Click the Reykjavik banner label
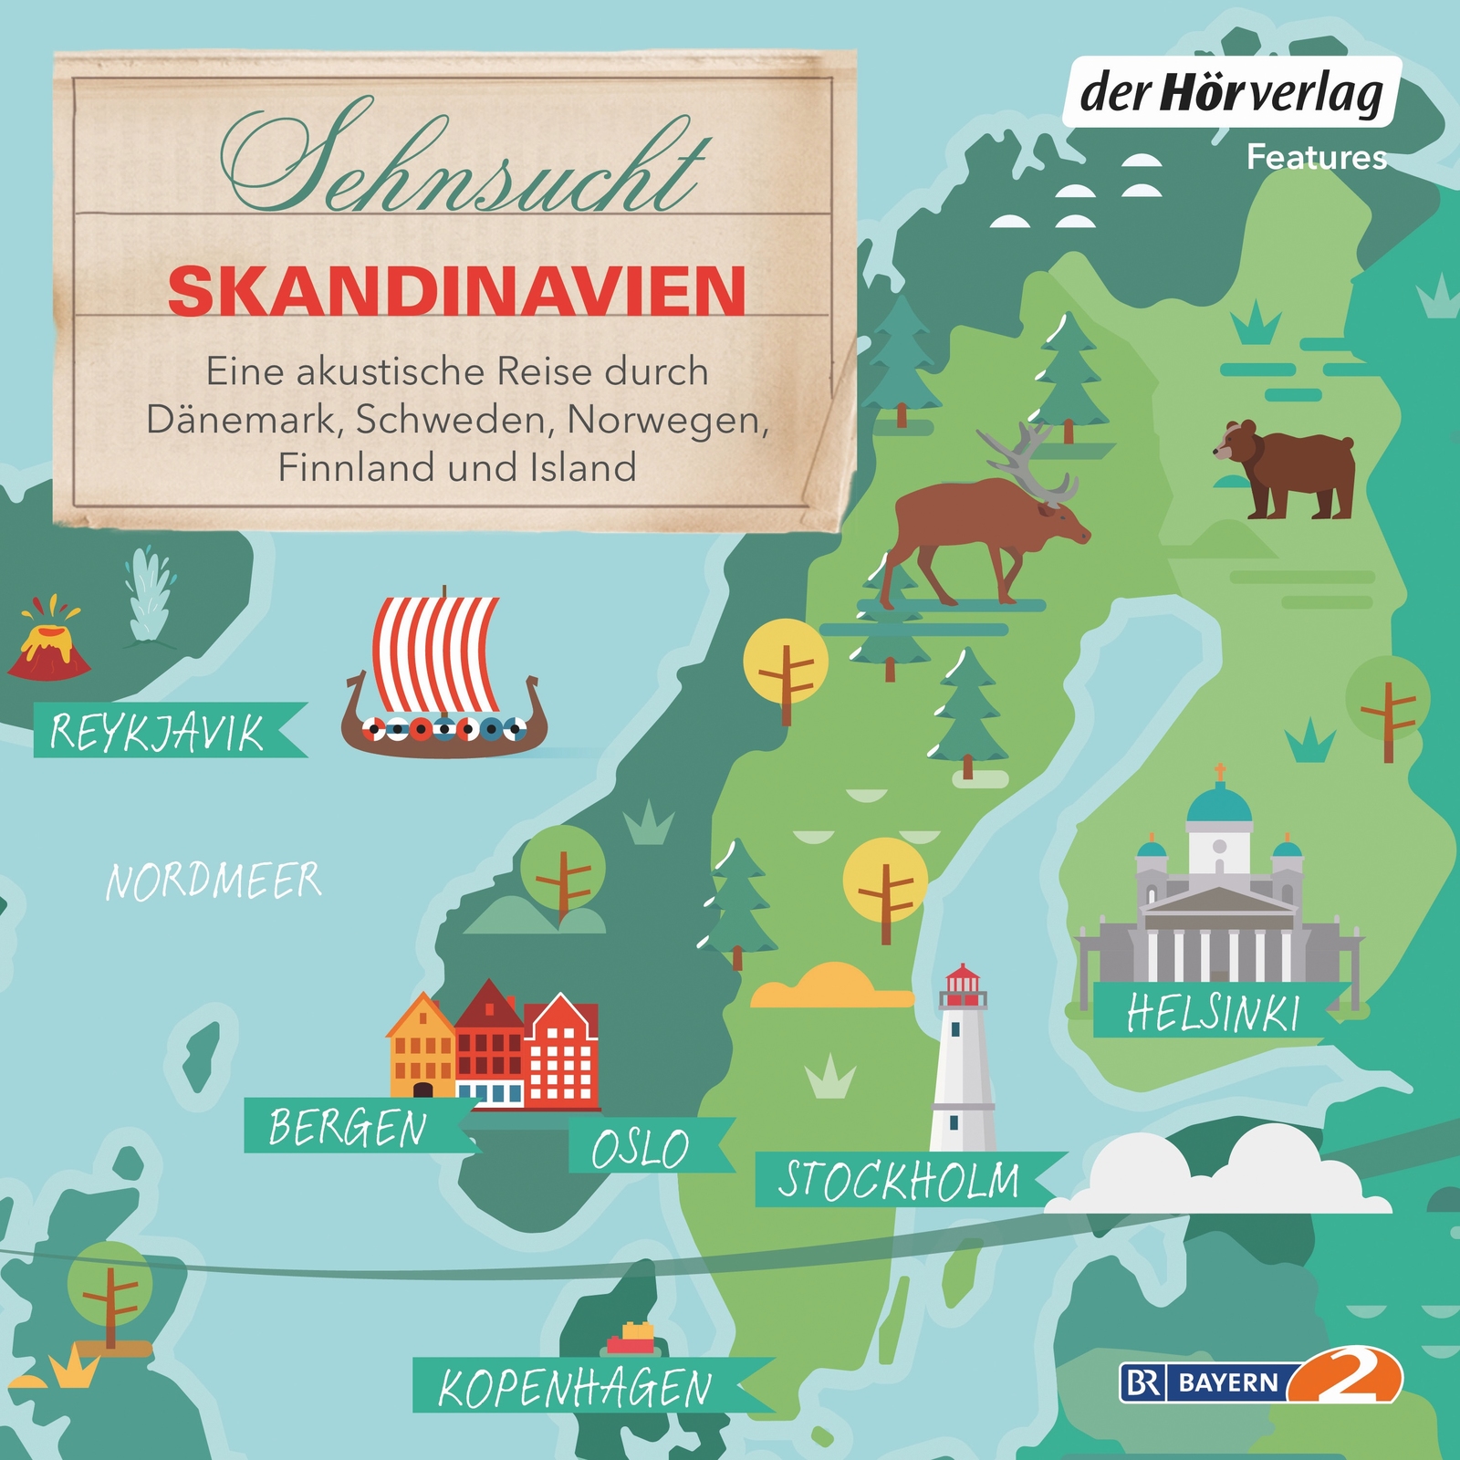(x=157, y=731)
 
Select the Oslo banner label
(x=641, y=1147)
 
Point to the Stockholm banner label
(x=900, y=1179)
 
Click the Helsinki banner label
(x=1213, y=1012)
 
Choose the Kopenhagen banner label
(x=575, y=1388)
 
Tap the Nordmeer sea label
(x=214, y=881)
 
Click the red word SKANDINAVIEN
(x=457, y=291)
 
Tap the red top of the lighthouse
(x=963, y=985)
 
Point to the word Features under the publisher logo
(x=1317, y=157)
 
